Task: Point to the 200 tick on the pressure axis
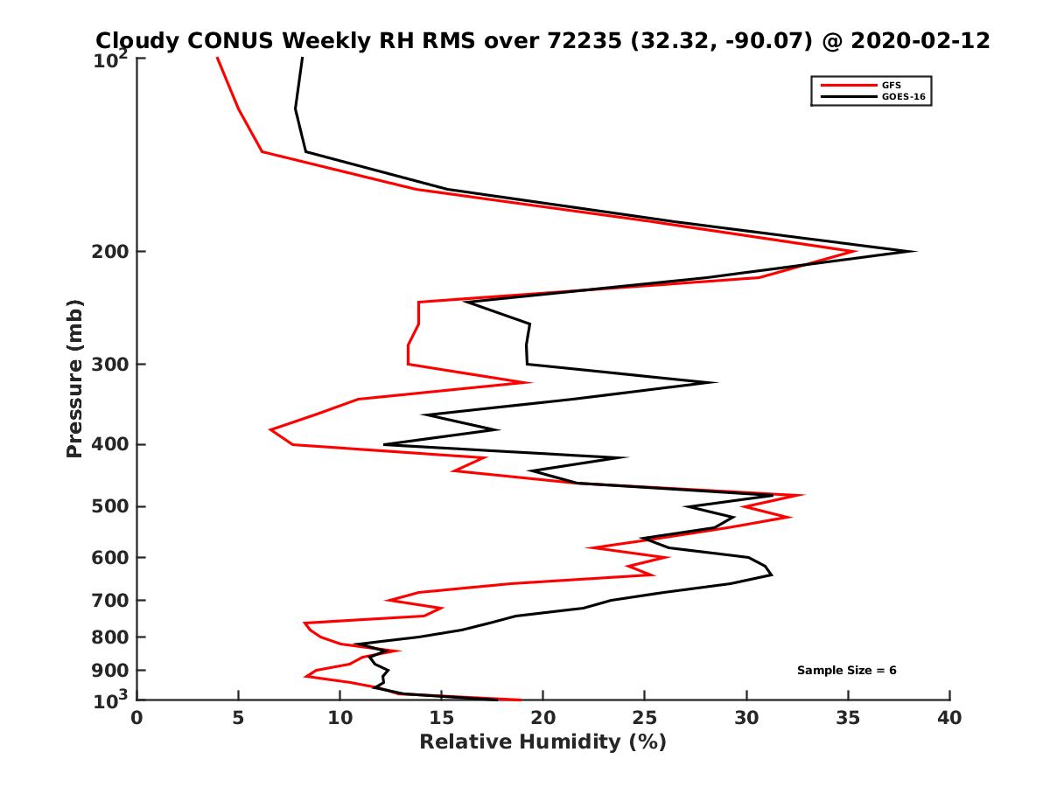tap(111, 252)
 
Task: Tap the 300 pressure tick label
tap(111, 364)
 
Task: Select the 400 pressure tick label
tap(111, 444)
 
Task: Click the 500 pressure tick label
tap(111, 506)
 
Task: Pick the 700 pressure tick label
tap(111, 600)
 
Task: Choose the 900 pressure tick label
tap(111, 671)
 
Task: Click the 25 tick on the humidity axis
tap(645, 719)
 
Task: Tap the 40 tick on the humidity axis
tap(949, 719)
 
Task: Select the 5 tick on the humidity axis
tap(238, 719)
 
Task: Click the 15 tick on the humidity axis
tap(441, 719)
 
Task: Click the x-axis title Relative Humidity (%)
tap(542, 742)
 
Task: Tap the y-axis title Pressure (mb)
tap(74, 378)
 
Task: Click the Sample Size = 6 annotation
tap(846, 671)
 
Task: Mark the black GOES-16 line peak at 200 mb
tap(915, 252)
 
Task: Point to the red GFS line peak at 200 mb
tap(855, 252)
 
